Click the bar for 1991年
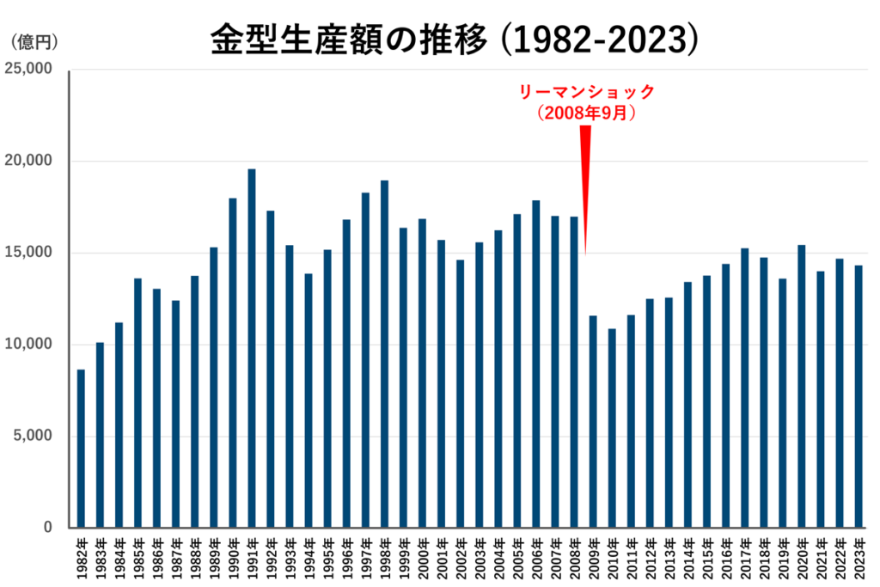click(x=252, y=348)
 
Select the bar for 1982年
click(x=81, y=448)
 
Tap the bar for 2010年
click(x=612, y=428)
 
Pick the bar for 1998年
click(x=384, y=353)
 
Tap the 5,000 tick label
click(x=32, y=436)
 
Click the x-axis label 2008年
click(x=574, y=558)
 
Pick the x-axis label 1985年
click(x=137, y=558)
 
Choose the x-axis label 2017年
click(x=745, y=558)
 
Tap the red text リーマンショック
click(x=585, y=92)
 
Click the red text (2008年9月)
click(x=585, y=113)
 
